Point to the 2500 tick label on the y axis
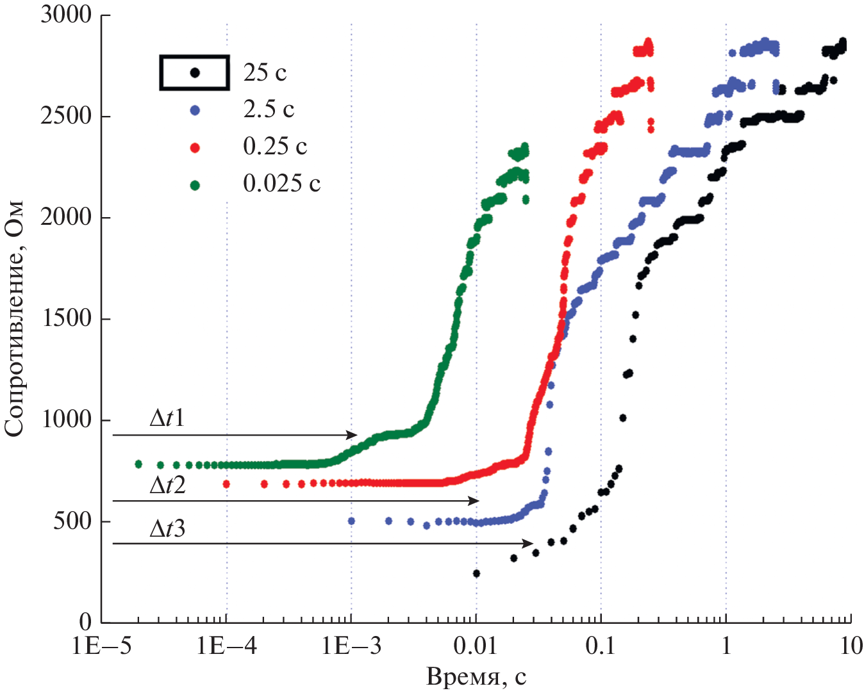click(x=66, y=116)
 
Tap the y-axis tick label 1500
click(x=66, y=318)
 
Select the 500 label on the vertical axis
click(x=72, y=521)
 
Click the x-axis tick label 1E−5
click(x=102, y=646)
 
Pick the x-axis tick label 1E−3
click(x=351, y=646)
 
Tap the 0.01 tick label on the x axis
click(x=476, y=646)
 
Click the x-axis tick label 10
click(x=851, y=646)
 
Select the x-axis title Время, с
click(x=476, y=676)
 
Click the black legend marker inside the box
click(x=195, y=72)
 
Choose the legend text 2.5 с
click(x=269, y=110)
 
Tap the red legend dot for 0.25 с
click(x=195, y=148)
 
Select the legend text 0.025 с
click(x=281, y=184)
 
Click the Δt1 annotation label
click(x=167, y=418)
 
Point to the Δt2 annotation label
click(x=167, y=485)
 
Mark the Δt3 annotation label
click(x=167, y=528)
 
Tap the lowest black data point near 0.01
click(x=476, y=573)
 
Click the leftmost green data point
click(x=138, y=464)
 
